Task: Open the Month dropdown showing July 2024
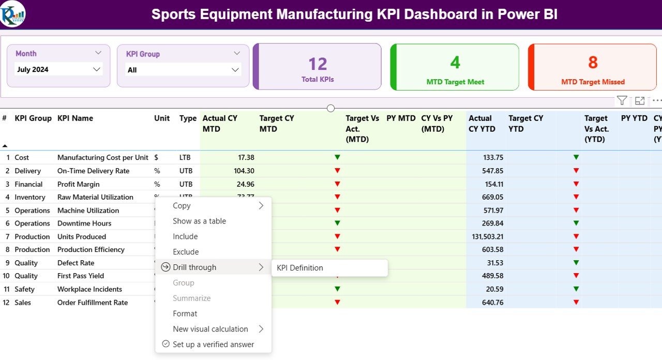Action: (96, 69)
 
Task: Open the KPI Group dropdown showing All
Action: (235, 70)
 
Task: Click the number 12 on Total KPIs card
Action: (318, 64)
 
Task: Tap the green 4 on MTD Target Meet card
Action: (455, 63)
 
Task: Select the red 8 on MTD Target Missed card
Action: (593, 63)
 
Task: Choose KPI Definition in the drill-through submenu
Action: (300, 268)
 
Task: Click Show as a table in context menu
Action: (199, 221)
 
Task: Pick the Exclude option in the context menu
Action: (186, 252)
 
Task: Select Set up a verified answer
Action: (213, 344)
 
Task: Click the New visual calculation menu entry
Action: (210, 329)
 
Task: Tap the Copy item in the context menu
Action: (182, 206)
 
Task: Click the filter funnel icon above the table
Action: (622, 101)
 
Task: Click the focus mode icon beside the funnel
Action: (640, 101)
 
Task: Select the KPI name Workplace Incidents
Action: (89, 289)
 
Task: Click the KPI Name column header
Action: (75, 118)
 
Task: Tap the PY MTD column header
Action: (401, 118)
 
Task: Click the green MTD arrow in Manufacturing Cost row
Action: (337, 157)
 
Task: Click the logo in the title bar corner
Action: (13, 14)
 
